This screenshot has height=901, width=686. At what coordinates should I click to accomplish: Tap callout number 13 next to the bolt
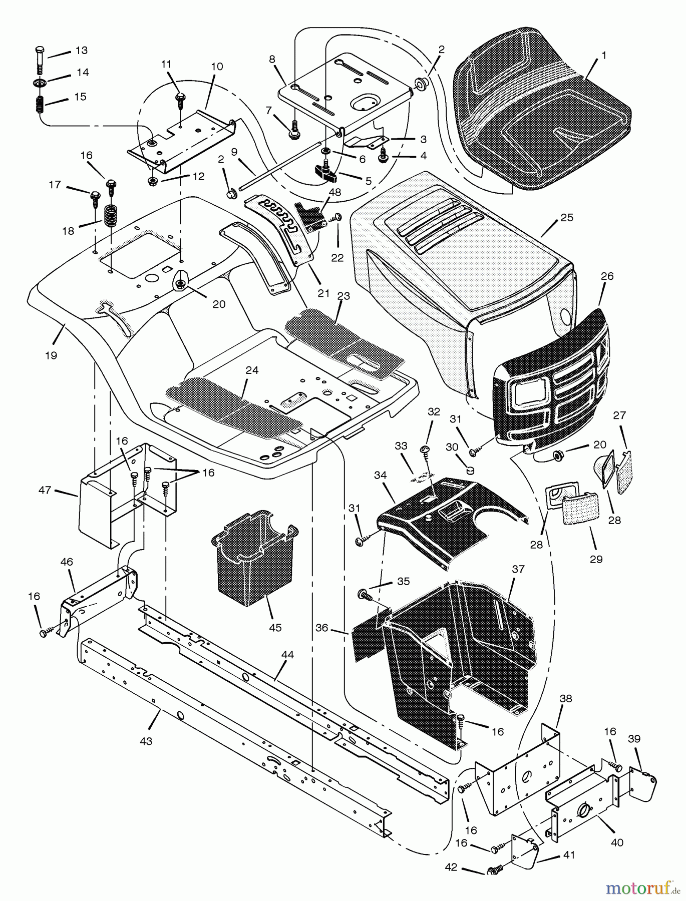tap(81, 51)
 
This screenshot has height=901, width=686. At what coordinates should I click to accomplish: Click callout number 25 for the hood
tap(567, 218)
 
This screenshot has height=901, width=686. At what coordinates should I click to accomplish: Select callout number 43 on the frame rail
tap(146, 741)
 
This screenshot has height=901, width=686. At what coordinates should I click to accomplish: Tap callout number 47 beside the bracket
tap(45, 490)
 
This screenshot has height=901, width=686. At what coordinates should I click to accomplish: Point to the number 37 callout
tap(518, 569)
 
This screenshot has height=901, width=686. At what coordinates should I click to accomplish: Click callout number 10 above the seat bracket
tap(217, 67)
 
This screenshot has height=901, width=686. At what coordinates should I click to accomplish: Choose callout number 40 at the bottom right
tap(617, 842)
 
